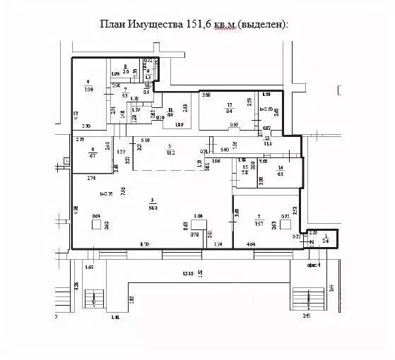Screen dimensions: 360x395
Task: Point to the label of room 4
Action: (93, 151)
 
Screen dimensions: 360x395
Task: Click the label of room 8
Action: (125, 68)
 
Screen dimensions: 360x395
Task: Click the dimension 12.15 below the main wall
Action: (187, 273)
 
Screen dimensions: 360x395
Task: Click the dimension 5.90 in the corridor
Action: (224, 150)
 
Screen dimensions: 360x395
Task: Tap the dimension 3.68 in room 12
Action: (207, 95)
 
